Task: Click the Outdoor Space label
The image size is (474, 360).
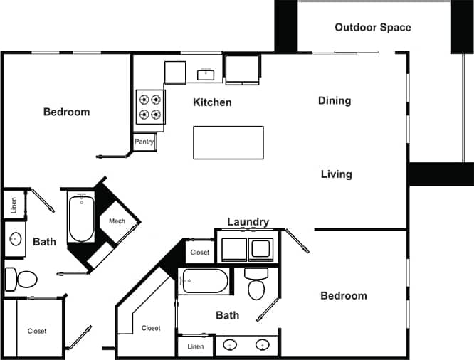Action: click(x=372, y=28)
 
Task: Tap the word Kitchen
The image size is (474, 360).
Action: click(x=212, y=102)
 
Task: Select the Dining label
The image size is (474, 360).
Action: click(x=334, y=101)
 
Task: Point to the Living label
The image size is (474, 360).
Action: click(x=336, y=174)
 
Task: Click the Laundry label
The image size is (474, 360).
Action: click(x=248, y=222)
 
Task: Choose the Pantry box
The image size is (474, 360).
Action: click(x=144, y=142)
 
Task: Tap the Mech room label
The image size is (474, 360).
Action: click(x=117, y=221)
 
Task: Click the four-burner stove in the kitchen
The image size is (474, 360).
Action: click(x=150, y=107)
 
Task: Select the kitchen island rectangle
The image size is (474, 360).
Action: click(x=228, y=143)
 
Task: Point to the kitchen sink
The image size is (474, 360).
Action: click(x=206, y=73)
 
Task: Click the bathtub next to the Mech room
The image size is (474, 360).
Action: click(x=80, y=218)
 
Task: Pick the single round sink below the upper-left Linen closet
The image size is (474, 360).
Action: click(x=15, y=239)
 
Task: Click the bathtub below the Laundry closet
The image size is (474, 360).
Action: click(x=205, y=281)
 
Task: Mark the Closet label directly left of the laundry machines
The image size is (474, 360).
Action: click(x=200, y=253)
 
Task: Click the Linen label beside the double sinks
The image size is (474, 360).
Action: click(x=195, y=346)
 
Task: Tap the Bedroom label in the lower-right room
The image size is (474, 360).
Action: click(x=343, y=296)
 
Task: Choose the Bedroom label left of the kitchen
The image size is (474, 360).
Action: click(x=66, y=112)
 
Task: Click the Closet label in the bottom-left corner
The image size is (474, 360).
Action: click(x=37, y=331)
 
